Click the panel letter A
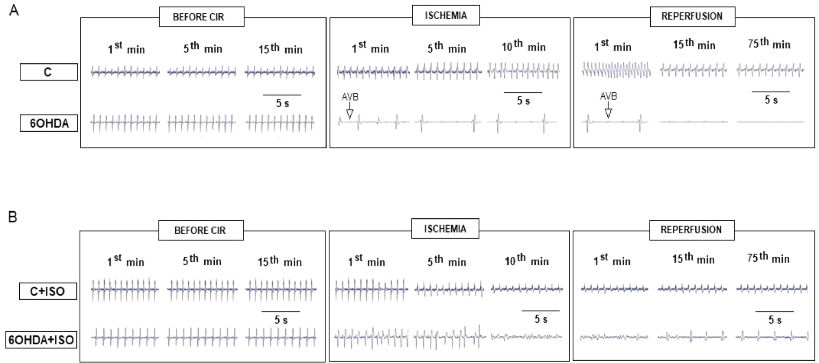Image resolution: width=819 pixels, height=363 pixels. (14, 11)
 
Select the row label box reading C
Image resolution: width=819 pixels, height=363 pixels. (49, 72)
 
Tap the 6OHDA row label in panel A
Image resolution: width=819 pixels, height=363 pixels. (49, 123)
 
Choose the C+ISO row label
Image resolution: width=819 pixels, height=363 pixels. (48, 291)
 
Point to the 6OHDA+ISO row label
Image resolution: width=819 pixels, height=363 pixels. (41, 340)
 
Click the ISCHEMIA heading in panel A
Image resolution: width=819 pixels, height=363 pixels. (446, 15)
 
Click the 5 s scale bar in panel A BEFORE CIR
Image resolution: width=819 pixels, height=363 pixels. (282, 95)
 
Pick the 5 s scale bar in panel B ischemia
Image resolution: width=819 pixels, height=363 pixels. (541, 311)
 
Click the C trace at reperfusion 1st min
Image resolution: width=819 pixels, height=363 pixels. (616, 70)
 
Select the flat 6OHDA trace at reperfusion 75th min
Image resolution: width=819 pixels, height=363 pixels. (770, 122)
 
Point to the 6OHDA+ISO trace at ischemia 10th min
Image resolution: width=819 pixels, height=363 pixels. (526, 337)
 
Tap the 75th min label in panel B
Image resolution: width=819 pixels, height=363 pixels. (768, 258)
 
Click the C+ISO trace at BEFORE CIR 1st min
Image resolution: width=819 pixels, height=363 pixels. (125, 289)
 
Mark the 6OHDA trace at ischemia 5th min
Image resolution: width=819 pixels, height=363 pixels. (448, 122)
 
